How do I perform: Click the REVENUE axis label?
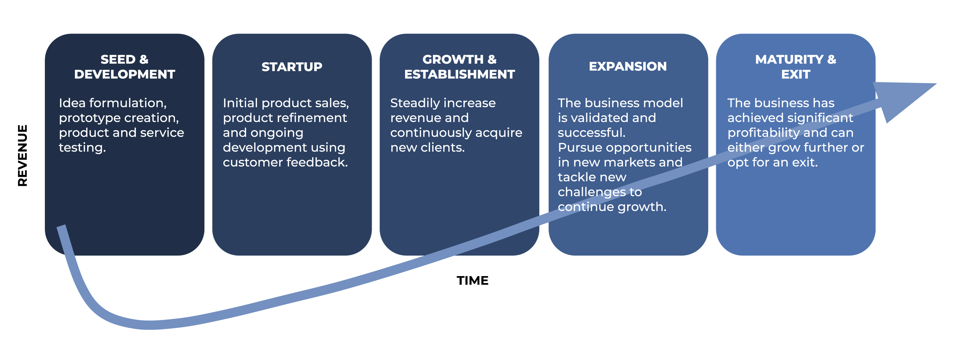click(x=22, y=156)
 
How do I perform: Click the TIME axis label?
click(x=472, y=281)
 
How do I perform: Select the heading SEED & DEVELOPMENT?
click(x=124, y=67)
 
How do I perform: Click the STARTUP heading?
click(x=292, y=67)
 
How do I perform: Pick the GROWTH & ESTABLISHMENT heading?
click(x=459, y=67)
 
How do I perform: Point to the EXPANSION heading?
click(x=628, y=66)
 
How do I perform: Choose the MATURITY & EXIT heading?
click(x=795, y=67)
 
